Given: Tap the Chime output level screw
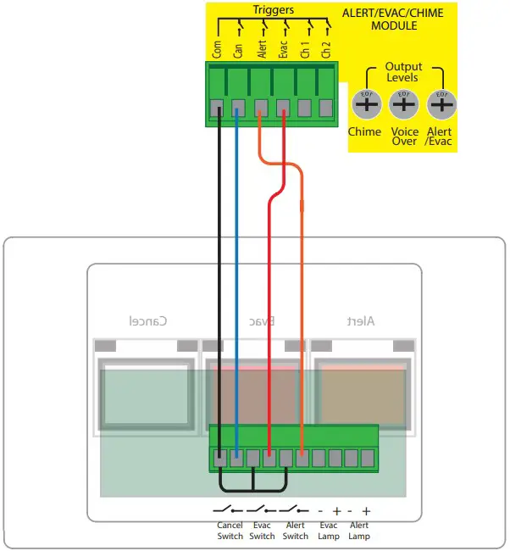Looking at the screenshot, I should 365,105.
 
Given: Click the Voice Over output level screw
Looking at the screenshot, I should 404,105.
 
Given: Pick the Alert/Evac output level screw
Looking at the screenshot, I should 441,105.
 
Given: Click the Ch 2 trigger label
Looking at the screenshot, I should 326,47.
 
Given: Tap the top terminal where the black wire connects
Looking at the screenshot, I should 218,107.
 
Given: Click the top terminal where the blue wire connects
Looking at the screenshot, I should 239,107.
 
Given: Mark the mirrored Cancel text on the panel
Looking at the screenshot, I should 147,320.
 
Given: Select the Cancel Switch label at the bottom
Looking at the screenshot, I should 230,531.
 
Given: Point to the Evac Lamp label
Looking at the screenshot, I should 328,531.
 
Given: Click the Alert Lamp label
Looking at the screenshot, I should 359,531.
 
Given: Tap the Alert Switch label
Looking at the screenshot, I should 295,531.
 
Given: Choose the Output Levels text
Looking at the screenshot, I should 403,72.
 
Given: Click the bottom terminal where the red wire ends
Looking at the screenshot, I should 269,459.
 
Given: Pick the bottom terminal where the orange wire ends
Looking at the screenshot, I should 302,459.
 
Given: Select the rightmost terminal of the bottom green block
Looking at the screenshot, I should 368,459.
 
